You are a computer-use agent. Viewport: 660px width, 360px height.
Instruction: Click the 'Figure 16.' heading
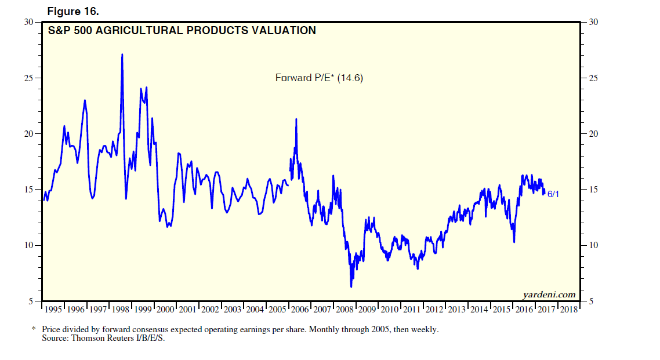[73, 10]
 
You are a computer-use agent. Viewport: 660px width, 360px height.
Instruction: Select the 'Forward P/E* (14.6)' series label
[318, 78]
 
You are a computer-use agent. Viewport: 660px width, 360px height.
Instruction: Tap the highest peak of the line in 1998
[122, 54]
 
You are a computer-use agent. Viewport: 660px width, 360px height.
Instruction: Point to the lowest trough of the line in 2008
[351, 286]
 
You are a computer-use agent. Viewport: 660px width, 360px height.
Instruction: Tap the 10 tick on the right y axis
[593, 246]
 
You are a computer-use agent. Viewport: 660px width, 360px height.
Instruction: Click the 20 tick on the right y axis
[593, 134]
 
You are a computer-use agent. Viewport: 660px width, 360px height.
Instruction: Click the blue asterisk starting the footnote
[33, 329]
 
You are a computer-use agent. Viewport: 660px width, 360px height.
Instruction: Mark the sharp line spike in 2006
[296, 119]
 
